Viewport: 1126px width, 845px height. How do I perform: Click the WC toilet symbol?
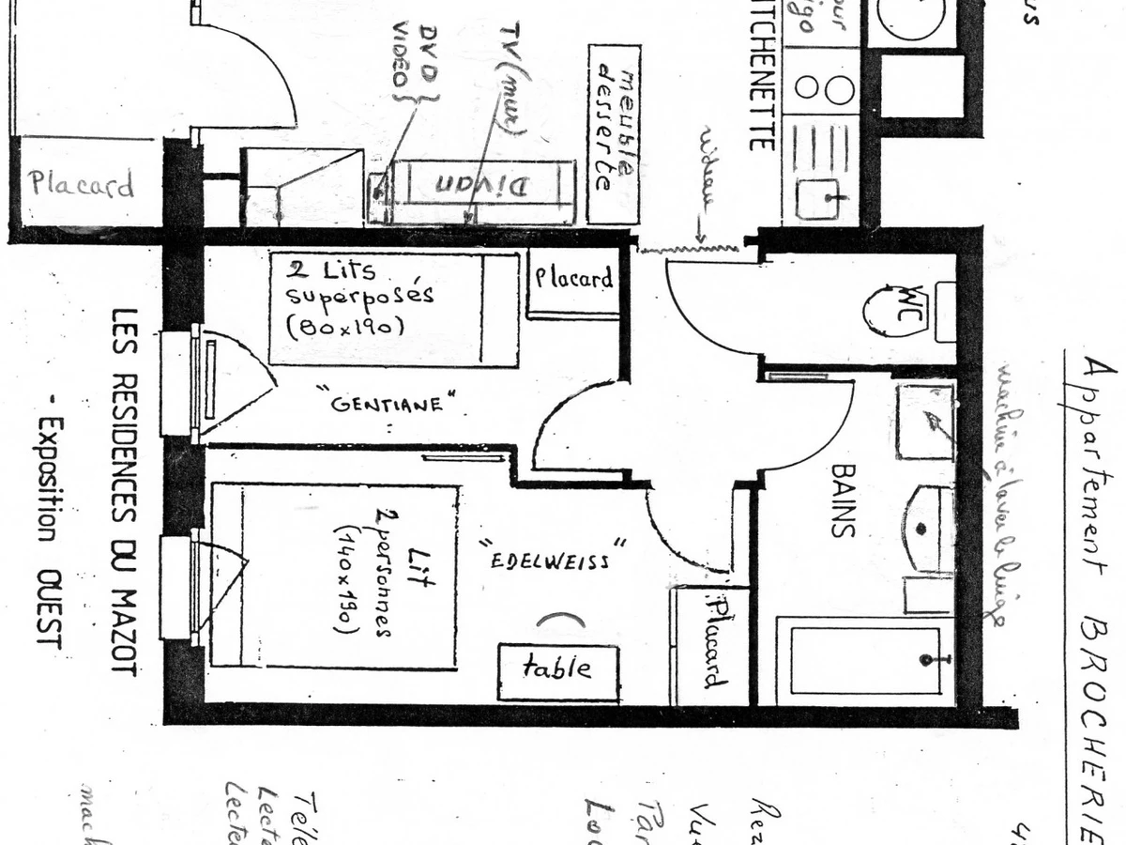click(x=896, y=311)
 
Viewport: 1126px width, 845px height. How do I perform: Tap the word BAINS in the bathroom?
click(x=843, y=499)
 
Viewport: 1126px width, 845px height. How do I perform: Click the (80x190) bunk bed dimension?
click(x=345, y=327)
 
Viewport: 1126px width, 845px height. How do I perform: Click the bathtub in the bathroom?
click(x=863, y=660)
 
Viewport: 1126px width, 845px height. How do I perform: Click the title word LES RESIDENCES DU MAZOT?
click(x=125, y=492)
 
